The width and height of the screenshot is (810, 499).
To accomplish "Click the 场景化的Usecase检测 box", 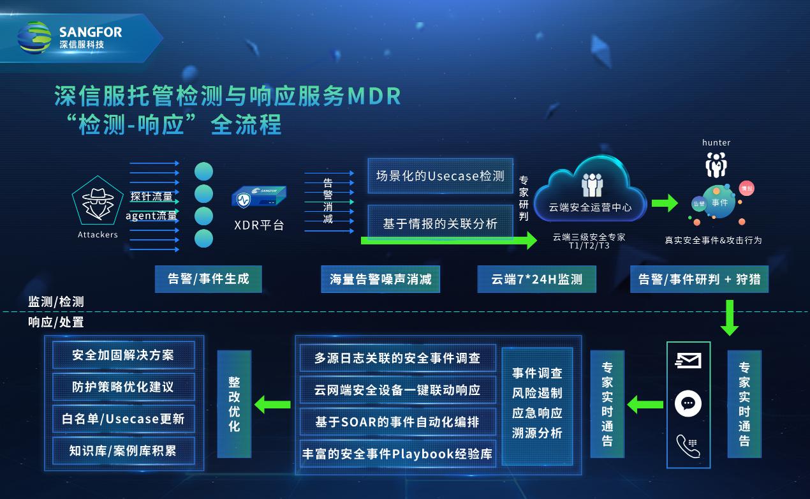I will (x=440, y=176).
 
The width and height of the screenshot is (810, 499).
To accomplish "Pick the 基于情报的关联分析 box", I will (x=440, y=223).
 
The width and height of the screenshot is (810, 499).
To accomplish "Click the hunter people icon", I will (x=716, y=165).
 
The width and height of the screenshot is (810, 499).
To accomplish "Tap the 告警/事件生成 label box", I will (x=208, y=279).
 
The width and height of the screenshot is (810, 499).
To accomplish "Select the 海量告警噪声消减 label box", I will (x=380, y=279).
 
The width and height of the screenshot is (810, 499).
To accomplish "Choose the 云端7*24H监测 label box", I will (x=536, y=279).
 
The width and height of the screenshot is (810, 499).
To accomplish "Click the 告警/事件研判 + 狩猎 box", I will (x=700, y=279).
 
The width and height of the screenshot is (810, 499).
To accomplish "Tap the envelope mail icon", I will (x=688, y=361).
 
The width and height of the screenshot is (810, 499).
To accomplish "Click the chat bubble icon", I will (x=688, y=403).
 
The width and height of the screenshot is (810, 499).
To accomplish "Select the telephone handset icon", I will (x=688, y=446).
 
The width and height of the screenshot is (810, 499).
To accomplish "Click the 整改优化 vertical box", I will (x=234, y=403).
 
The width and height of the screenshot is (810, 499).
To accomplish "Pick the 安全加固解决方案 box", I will (x=123, y=355).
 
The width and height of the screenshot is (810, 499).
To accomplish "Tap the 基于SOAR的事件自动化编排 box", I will (x=397, y=422).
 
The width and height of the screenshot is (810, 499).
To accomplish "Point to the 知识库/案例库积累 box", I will (x=123, y=451).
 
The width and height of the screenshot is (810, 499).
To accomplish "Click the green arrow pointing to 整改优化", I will (x=272, y=404).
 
